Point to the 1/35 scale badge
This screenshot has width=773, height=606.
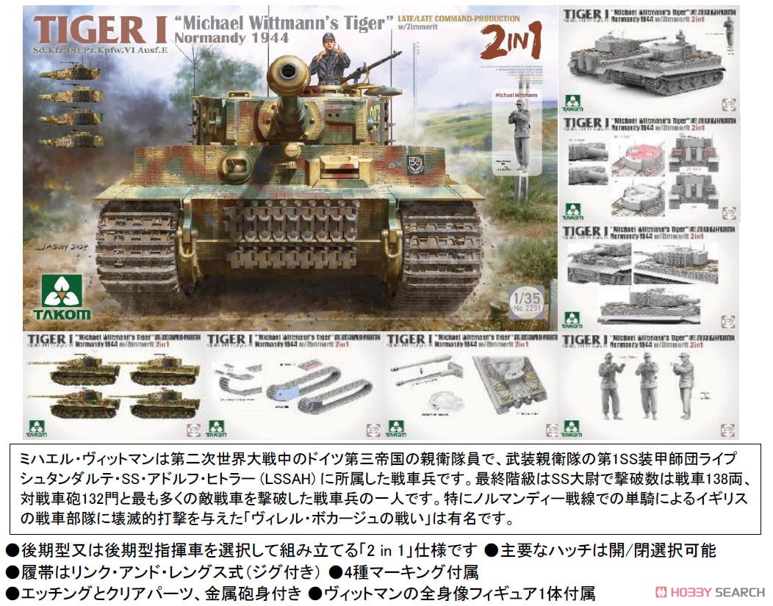pos(525,300)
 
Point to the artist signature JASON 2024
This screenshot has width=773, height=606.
pos(65,248)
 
